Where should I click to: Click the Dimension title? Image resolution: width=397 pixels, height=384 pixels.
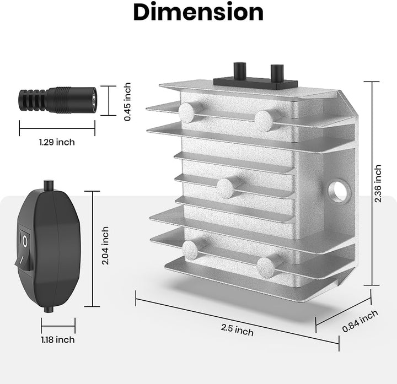click(x=198, y=12)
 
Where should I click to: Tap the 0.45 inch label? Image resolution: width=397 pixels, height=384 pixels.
click(x=127, y=102)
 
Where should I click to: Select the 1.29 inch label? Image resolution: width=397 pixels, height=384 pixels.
click(x=57, y=142)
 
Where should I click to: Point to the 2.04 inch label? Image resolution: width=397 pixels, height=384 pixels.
click(x=105, y=246)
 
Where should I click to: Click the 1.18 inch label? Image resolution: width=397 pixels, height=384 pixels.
click(x=58, y=339)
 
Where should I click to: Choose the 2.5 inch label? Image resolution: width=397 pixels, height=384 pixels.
click(x=237, y=330)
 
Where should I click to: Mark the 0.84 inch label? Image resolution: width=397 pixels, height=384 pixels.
click(x=360, y=321)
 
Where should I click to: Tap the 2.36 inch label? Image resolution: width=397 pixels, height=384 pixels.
click(x=378, y=183)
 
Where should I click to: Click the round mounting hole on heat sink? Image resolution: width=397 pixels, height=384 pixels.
click(x=339, y=190)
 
